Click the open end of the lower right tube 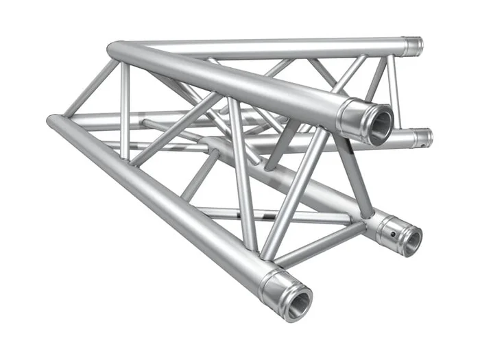(411, 240)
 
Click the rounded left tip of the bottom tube (51, 122)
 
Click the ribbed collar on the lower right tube (387, 226)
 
